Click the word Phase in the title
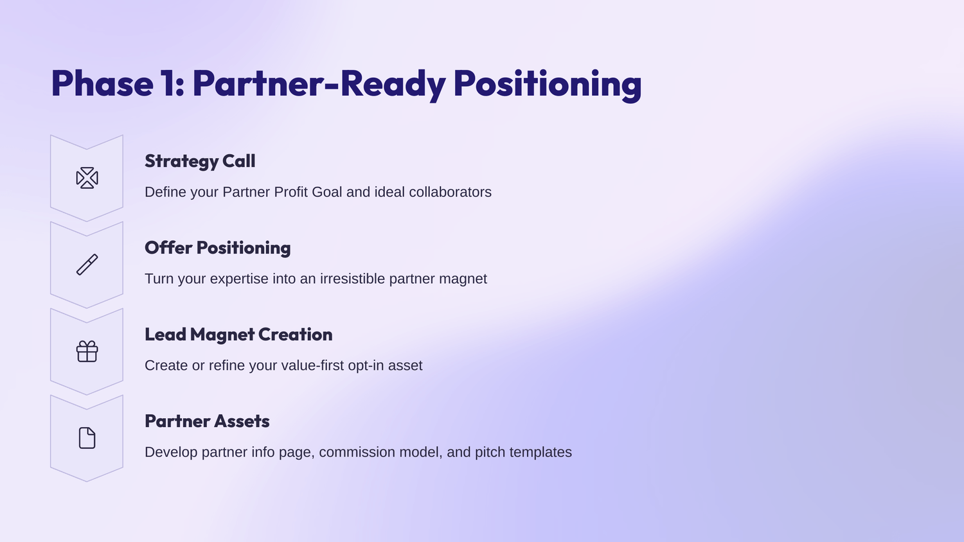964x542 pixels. coord(102,83)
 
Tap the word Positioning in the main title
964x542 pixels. coord(548,85)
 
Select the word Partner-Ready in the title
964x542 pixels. coord(319,85)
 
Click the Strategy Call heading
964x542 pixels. coord(200,161)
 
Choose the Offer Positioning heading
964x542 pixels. coord(217,248)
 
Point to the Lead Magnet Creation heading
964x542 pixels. coord(238,334)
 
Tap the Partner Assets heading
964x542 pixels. coord(207,421)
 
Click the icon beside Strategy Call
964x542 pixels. coord(87,178)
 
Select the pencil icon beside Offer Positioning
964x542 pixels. coord(87,265)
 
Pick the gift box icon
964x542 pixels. coord(87,351)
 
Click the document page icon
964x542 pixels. coord(87,438)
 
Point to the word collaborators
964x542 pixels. coord(450,192)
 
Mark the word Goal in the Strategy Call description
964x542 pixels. coord(327,192)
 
